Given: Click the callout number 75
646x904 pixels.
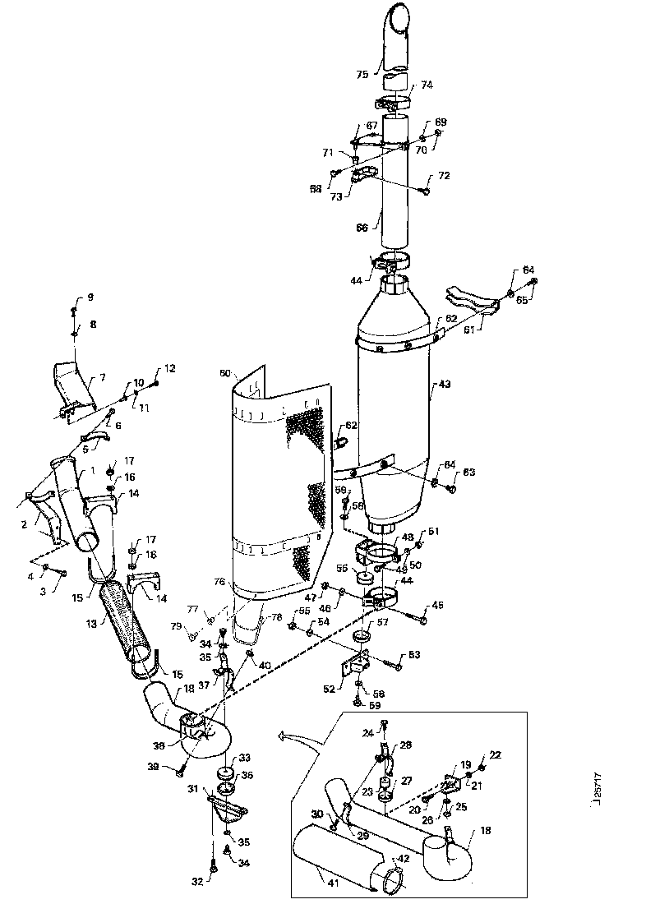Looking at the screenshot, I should click(x=362, y=74).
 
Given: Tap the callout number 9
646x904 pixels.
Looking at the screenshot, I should click(x=90, y=297).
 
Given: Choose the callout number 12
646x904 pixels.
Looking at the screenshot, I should click(x=170, y=368).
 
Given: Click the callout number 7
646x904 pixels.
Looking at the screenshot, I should click(x=102, y=377).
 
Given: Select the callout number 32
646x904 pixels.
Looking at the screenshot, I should click(x=196, y=883).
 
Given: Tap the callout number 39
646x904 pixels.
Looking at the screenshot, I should click(x=154, y=767).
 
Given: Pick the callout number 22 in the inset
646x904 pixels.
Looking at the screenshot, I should click(x=494, y=755).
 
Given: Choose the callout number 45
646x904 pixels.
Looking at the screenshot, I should click(x=436, y=606).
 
